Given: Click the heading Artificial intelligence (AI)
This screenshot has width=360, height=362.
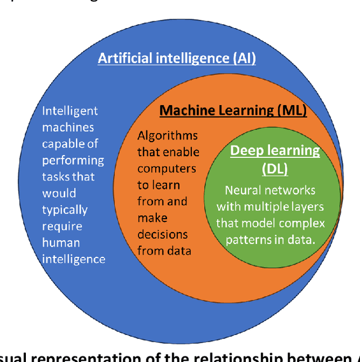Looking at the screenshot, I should pos(177,58).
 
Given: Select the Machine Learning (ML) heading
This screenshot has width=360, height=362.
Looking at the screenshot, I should pos(233,110).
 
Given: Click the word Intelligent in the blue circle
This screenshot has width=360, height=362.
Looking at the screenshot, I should pos(70,111).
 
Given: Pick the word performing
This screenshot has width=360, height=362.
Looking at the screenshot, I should pos(73,160).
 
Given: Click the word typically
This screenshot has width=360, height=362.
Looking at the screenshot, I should pos(65,210).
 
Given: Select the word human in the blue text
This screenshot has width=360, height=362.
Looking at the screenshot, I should pos(62,242).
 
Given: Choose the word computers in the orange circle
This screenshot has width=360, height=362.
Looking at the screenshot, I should pos(166,168).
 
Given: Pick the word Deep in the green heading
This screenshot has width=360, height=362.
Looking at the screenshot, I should pos(245,151).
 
